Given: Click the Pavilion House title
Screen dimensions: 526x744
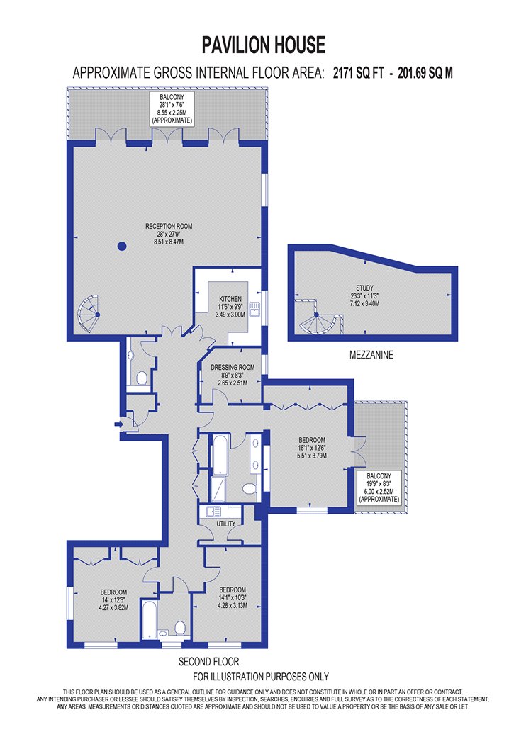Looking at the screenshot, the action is pos(264,45).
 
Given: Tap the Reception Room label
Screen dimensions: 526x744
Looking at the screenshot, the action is pos(169,234).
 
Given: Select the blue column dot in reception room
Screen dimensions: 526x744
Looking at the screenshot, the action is pos(122,246).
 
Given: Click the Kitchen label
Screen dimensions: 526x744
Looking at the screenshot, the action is pos(230,307).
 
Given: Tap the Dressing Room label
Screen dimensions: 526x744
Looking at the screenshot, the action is pos(233,375).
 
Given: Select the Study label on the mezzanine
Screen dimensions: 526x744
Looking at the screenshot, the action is pos(364,295).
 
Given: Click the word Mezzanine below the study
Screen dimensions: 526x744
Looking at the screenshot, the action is pos(371,355).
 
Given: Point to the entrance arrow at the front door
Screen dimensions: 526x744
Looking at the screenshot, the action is pos(118,423).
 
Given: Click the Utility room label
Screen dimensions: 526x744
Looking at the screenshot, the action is pos(226,524).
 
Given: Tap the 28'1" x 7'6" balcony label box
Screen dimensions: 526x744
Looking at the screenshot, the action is pos(172,108).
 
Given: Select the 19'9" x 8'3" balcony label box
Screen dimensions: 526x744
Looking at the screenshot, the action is pos(379,487).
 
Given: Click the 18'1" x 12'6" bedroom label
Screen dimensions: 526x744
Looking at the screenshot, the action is pos(312,448).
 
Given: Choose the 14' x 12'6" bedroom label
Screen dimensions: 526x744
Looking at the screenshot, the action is pos(113,599).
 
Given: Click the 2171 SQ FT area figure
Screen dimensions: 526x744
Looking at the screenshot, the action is pos(359,73).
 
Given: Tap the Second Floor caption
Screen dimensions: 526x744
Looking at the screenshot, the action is pos(209,661).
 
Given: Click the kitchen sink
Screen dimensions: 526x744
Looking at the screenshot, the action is pos(254,310).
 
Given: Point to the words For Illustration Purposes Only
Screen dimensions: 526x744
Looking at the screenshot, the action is pos(261,677).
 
